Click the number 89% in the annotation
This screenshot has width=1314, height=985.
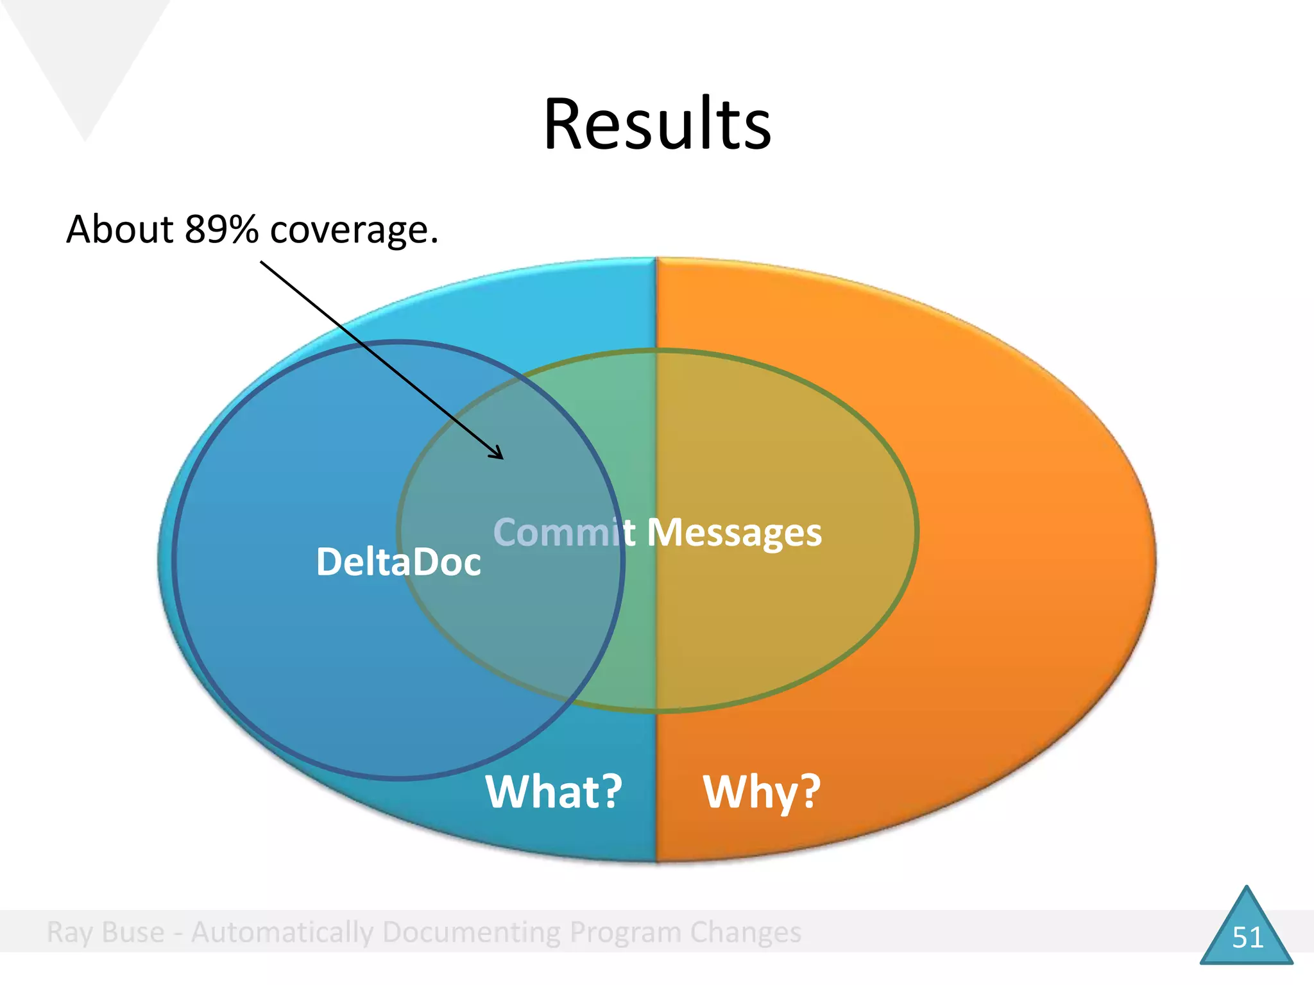pos(221,229)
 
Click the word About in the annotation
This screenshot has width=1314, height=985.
pos(120,229)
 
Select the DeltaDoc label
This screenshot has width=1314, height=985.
pos(398,562)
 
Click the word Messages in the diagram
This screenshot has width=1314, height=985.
pos(734,533)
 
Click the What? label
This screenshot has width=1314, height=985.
pos(554,791)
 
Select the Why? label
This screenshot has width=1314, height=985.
pos(762,793)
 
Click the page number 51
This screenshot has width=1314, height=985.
pos(1247,938)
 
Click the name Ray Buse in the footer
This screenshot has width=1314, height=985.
pos(105,932)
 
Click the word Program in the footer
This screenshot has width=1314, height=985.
pos(625,932)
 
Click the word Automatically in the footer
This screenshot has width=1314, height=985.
pos(282,932)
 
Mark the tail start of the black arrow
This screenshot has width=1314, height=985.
pos(262,262)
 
